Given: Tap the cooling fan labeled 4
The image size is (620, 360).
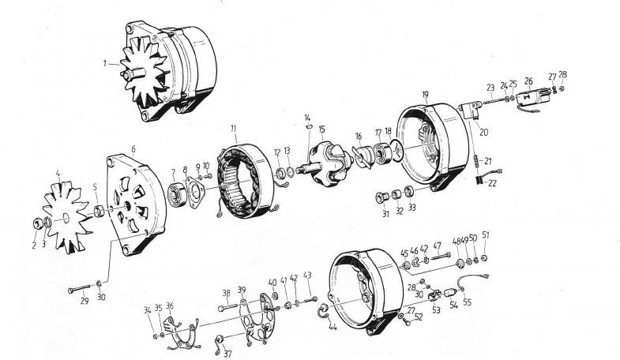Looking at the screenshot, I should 67,214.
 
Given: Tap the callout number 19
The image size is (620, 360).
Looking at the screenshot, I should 426,94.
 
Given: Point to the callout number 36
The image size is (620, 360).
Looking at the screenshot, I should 171,306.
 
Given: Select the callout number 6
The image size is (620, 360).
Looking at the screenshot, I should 133,149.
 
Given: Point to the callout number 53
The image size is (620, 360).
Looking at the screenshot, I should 438,310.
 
